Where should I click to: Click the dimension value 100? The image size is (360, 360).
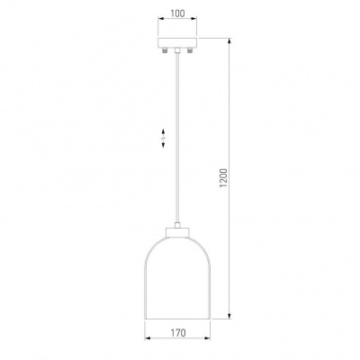(178, 13)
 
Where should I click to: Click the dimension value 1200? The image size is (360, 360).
(224, 178)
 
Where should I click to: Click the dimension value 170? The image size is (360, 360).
(178, 333)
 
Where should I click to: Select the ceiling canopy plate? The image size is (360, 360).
(177, 42)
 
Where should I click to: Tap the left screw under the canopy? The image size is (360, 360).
(166, 50)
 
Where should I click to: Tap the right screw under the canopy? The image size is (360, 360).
(189, 50)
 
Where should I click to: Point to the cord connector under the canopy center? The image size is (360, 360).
(177, 50)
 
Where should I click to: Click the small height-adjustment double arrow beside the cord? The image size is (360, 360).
(164, 139)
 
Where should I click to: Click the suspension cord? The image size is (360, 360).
(177, 138)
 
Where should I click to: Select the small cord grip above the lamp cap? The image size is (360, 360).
(177, 225)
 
